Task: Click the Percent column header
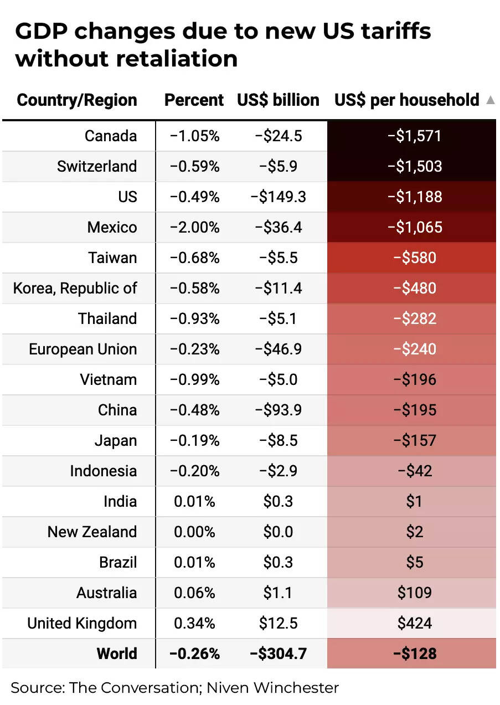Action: coord(194,100)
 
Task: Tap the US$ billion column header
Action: coord(278,100)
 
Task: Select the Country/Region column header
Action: coord(77,100)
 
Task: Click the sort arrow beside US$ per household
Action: coord(490,100)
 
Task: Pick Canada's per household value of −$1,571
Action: coord(414,136)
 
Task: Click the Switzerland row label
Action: coord(96,167)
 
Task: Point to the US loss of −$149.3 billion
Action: coord(278,197)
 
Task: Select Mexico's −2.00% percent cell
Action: coord(194,228)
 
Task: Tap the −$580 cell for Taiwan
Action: coord(414,258)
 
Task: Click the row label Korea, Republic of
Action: coord(75,289)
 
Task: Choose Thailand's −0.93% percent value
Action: coord(194,319)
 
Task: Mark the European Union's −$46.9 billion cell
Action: coord(278,349)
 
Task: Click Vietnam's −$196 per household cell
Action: coord(414,380)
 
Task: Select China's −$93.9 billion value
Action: coord(278,410)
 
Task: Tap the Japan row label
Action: coord(115,441)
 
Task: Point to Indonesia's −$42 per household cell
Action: coord(414,471)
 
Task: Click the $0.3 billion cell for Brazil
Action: coord(278,563)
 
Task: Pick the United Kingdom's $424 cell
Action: coord(414,624)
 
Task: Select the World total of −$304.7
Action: coord(278,654)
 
